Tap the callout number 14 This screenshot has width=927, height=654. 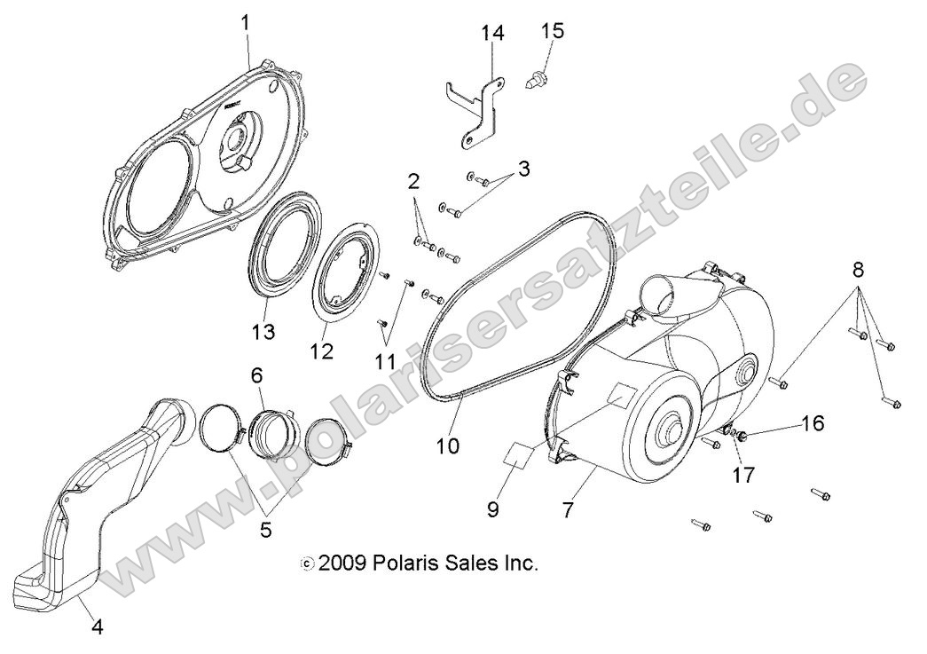(x=493, y=33)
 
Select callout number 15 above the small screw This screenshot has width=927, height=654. (x=552, y=31)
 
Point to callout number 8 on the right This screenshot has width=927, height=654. (x=859, y=269)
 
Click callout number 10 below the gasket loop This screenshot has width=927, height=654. (x=448, y=444)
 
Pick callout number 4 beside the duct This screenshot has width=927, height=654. (x=98, y=627)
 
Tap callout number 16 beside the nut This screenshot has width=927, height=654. (x=813, y=423)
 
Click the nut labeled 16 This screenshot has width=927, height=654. (x=742, y=435)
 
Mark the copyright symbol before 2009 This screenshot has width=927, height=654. (x=308, y=563)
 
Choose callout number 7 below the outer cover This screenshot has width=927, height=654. (x=592, y=509)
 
